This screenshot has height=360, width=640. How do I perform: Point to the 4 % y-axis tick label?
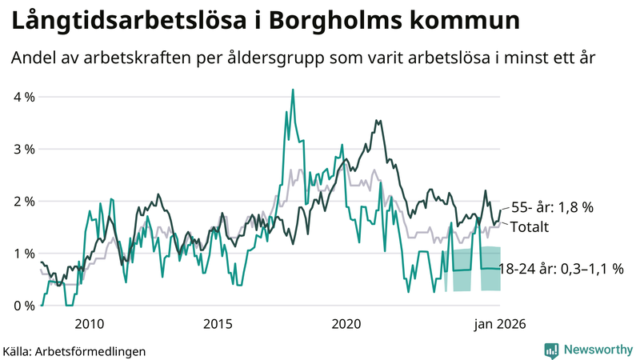tap(23, 97)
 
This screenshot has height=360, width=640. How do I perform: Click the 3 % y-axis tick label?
tap(23, 149)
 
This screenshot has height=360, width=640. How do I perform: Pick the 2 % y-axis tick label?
tap(23, 201)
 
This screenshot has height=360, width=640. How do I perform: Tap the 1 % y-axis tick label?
tap(23, 254)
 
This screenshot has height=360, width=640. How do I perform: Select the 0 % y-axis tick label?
tap(23, 306)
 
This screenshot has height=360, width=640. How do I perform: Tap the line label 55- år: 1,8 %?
tap(551, 207)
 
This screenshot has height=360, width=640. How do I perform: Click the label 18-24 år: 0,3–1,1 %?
tap(562, 269)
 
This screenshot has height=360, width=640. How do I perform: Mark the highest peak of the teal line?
tap(293, 90)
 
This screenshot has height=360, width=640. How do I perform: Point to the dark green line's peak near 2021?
tap(376, 121)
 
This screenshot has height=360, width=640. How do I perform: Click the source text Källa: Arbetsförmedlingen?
tap(74, 350)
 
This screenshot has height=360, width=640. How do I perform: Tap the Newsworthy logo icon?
tap(551, 350)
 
